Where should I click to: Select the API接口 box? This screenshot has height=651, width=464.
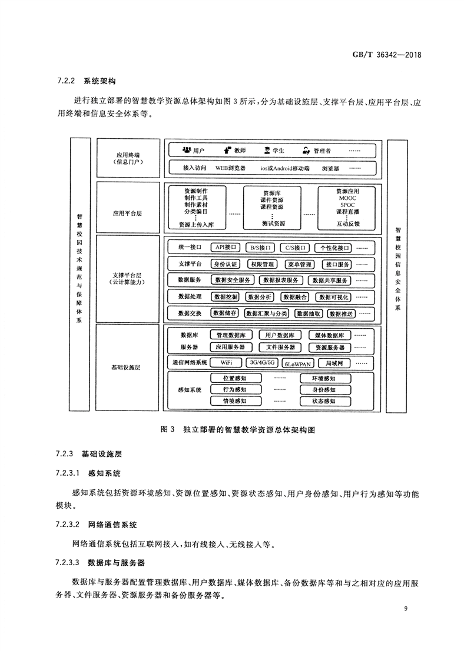click(225, 248)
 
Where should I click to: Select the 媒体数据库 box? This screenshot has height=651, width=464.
click(329, 335)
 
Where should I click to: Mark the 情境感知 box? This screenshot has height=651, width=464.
click(234, 401)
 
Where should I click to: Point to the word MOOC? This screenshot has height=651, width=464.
click(347, 199)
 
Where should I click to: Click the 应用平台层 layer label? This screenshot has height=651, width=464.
click(127, 213)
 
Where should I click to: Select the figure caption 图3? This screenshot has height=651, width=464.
click(167, 430)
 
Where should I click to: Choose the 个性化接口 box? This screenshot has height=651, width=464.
click(333, 248)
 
